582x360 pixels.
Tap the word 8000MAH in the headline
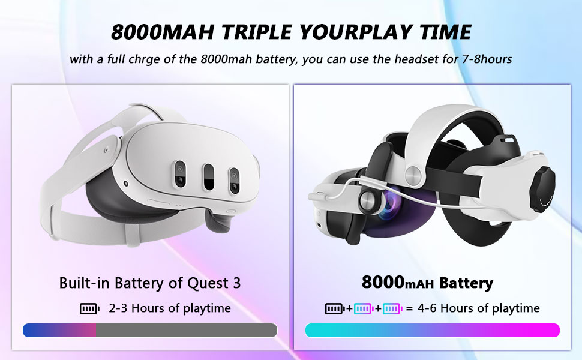(x=163, y=32)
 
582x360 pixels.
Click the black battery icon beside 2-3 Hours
(x=89, y=308)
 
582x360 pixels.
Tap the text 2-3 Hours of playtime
(x=170, y=308)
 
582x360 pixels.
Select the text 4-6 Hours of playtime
(x=478, y=308)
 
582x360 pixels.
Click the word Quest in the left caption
(x=208, y=283)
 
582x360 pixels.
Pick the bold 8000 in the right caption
(x=383, y=282)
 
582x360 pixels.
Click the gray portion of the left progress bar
(x=187, y=331)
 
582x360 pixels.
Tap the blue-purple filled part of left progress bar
(x=59, y=331)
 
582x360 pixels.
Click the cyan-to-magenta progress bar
(x=433, y=331)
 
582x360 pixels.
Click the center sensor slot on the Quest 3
(x=209, y=177)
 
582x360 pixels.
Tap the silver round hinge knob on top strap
(x=413, y=175)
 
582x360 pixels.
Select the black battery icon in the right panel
(x=334, y=308)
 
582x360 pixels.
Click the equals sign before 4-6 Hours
(x=409, y=309)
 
